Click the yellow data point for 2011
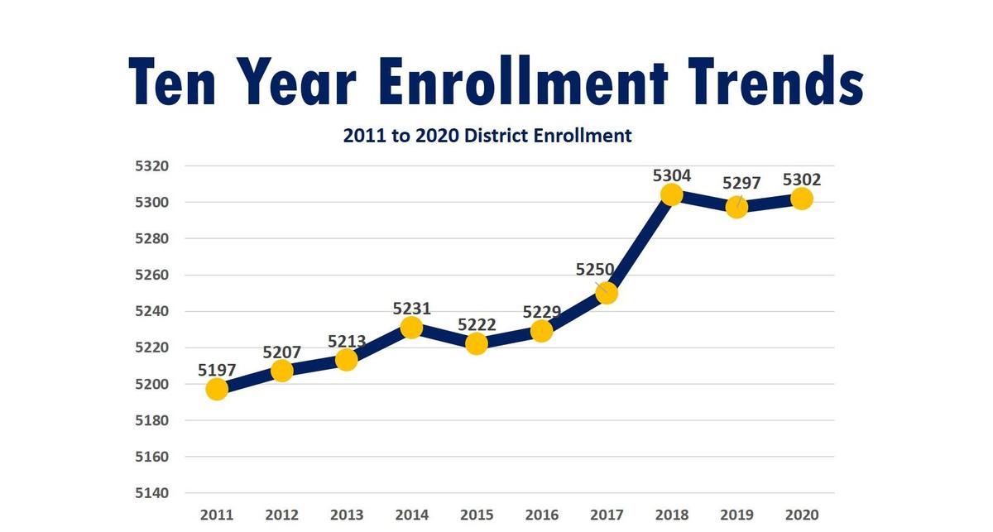(217, 389)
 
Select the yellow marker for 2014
(411, 328)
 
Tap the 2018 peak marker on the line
(672, 194)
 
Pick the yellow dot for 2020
(801, 199)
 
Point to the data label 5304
(672, 175)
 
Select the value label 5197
(217, 369)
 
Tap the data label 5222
(476, 324)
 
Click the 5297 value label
(741, 183)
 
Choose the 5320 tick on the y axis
(151, 165)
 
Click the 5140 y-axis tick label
(151, 493)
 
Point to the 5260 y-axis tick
(151, 275)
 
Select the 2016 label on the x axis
(541, 515)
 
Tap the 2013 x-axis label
(347, 515)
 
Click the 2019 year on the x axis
(736, 515)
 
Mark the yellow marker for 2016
(541, 331)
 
